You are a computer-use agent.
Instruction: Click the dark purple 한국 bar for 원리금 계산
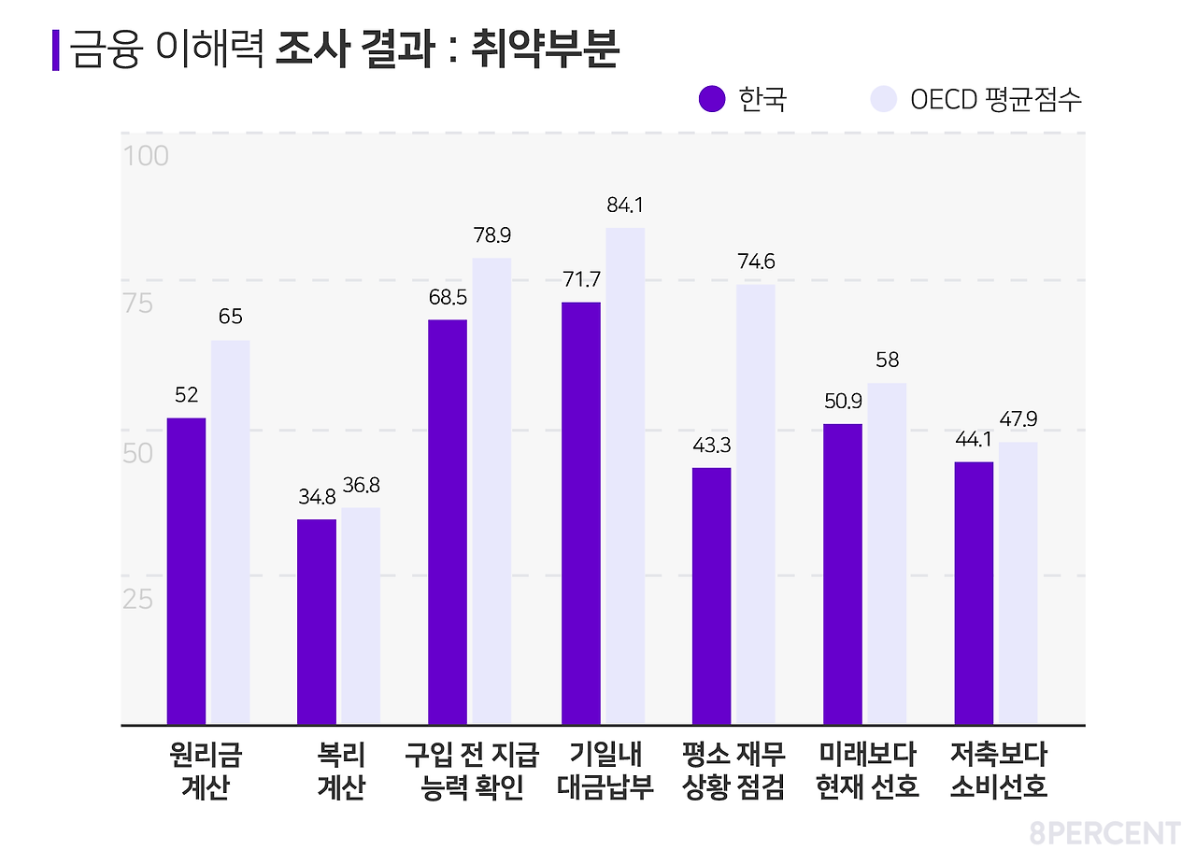coord(186,571)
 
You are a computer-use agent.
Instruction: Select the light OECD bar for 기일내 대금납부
coord(625,475)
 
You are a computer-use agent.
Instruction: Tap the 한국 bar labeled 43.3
coord(711,595)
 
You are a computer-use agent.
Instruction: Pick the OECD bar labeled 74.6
coord(755,503)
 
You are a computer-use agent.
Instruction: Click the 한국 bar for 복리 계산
coord(317,621)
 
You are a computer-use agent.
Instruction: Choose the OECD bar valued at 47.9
coord(1018,583)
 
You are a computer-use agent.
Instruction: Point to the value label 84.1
coord(625,205)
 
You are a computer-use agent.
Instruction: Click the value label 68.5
coord(448,298)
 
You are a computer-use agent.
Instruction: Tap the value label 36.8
coord(361,486)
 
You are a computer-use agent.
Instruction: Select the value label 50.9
coord(842,402)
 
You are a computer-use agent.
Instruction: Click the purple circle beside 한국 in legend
coord(712,99)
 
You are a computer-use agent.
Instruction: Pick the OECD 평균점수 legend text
coord(996,100)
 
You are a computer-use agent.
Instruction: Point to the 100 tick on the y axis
coord(147,156)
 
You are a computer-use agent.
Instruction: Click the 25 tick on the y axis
coord(137,599)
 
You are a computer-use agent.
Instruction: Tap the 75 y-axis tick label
coord(137,305)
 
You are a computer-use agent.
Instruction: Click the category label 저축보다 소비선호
coord(999,771)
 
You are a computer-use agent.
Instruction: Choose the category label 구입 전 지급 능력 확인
coord(472,771)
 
